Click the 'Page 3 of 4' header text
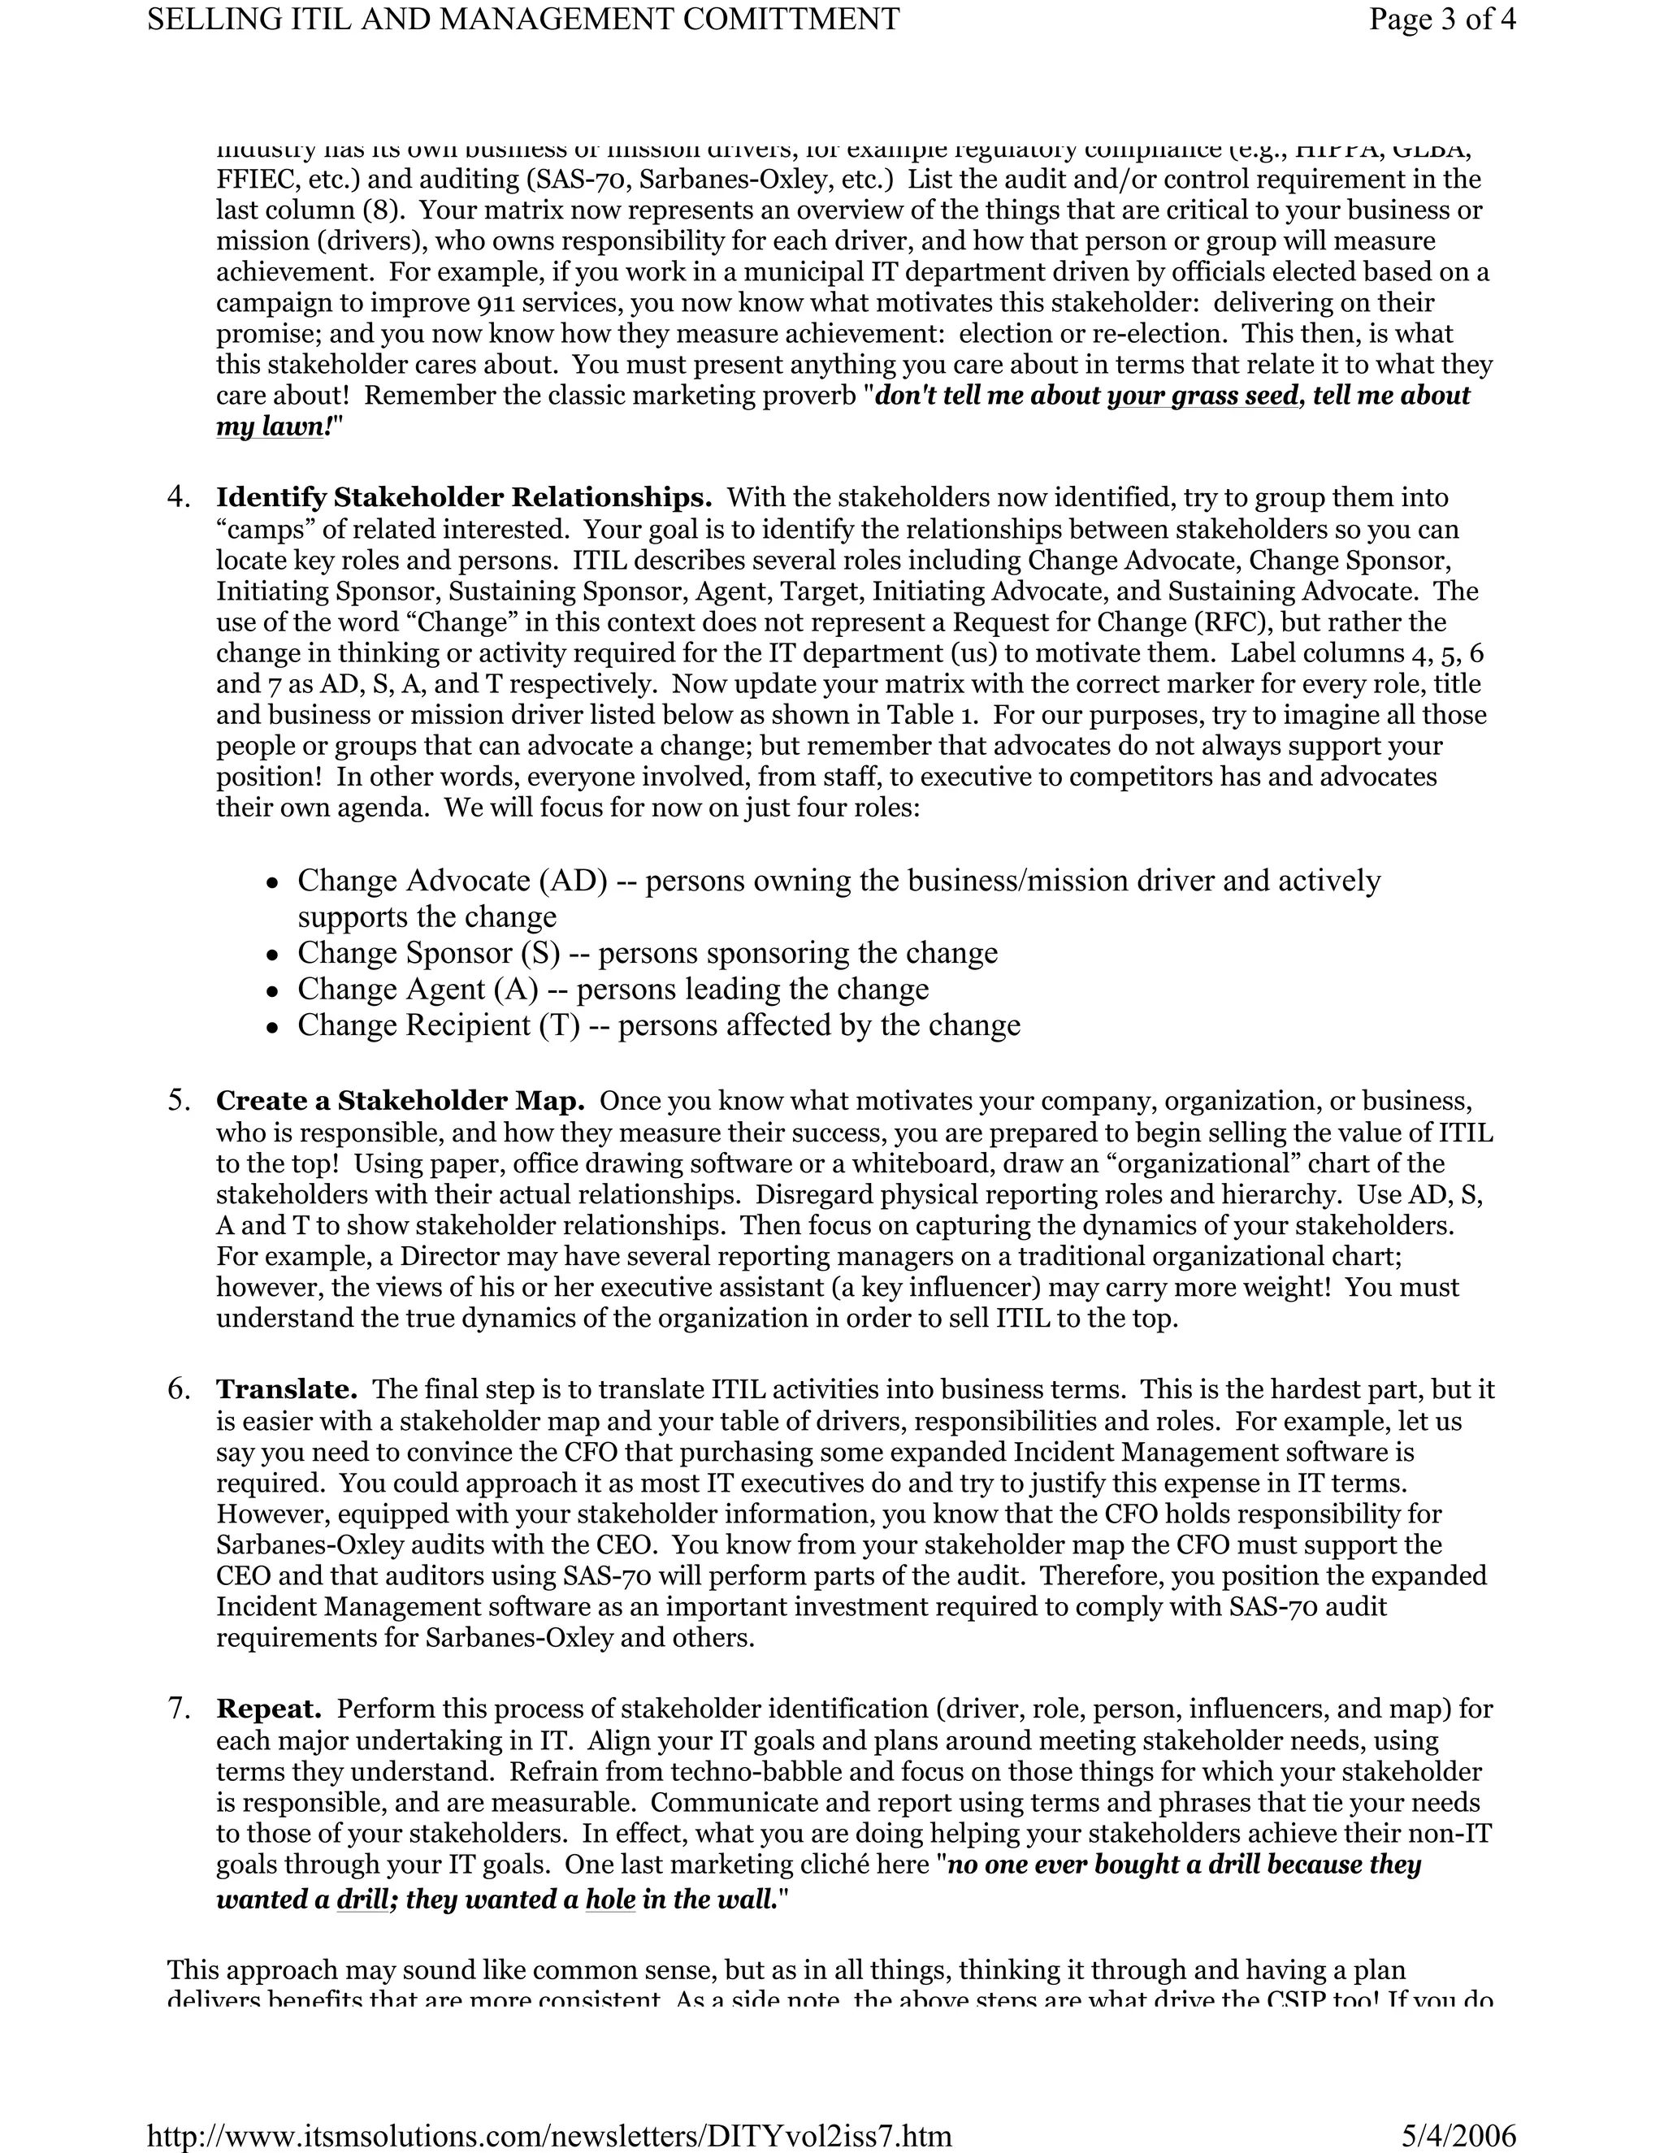(1441, 19)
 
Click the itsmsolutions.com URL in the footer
(549, 2135)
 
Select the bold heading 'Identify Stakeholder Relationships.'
(463, 497)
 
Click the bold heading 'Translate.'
(286, 1389)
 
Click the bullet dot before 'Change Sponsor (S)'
(273, 955)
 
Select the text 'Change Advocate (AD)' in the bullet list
(453, 881)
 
